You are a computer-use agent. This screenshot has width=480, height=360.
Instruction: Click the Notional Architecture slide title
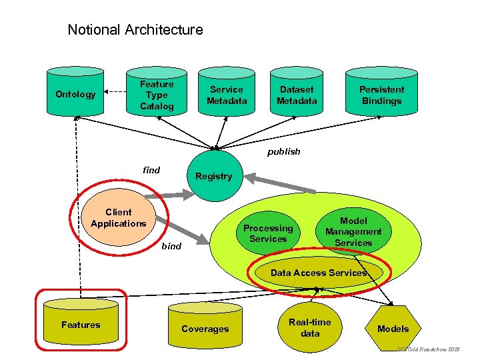click(135, 30)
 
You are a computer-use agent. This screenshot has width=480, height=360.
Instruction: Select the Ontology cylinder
click(75, 94)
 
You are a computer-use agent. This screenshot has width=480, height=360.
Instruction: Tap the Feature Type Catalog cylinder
click(157, 95)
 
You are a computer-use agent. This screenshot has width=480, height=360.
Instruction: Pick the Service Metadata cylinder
click(227, 95)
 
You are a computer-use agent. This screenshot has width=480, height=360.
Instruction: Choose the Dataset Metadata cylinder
click(297, 95)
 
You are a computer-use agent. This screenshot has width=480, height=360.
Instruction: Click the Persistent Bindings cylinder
click(381, 95)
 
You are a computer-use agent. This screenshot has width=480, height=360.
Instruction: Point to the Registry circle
click(213, 176)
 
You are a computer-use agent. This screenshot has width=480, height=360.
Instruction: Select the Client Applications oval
click(118, 218)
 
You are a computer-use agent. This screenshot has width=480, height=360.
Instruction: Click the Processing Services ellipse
click(268, 233)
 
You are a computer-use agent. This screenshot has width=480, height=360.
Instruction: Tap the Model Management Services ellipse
click(353, 231)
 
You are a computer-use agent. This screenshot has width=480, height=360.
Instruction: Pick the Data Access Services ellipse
click(318, 273)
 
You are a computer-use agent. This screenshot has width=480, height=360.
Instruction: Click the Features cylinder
click(81, 325)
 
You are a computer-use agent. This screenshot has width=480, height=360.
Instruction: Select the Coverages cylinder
click(205, 328)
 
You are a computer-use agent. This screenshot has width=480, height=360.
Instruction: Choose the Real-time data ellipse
click(310, 327)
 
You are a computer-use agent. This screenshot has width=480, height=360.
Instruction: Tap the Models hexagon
click(393, 328)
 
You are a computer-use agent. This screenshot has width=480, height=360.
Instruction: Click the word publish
click(284, 151)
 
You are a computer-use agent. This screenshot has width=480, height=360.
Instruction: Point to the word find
click(152, 170)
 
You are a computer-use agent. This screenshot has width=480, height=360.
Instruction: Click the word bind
click(171, 246)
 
